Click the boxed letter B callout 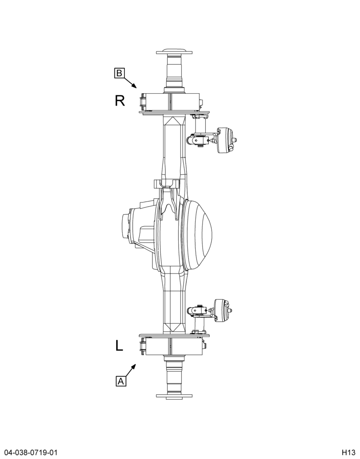click(x=119, y=73)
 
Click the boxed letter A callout click(x=121, y=381)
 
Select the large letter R click(x=120, y=101)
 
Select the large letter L click(x=119, y=346)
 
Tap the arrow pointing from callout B click(x=130, y=82)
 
